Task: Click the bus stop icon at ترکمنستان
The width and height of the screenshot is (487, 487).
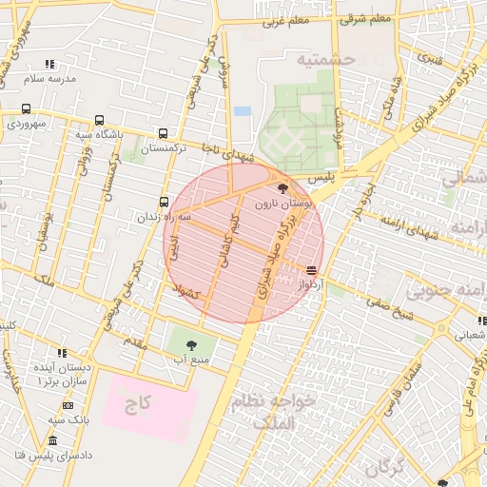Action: [x=164, y=134]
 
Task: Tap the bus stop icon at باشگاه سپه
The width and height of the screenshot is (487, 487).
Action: [x=100, y=121]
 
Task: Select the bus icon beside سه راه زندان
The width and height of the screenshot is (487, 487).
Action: [x=164, y=202]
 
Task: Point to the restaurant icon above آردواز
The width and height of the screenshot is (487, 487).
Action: [x=313, y=269]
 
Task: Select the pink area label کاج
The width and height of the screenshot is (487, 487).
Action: [x=139, y=403]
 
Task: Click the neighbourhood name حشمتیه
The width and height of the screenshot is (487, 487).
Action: [x=324, y=60]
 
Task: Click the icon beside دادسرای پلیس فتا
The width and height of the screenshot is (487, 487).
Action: [x=52, y=441]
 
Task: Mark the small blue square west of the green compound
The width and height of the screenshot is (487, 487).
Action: [x=243, y=111]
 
